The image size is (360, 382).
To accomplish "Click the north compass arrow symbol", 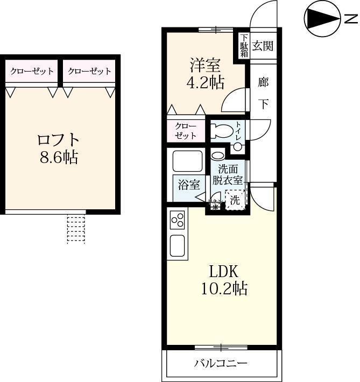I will click(321, 19).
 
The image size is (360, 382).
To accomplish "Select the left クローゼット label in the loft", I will click(32, 71).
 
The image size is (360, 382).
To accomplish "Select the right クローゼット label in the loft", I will click(90, 71).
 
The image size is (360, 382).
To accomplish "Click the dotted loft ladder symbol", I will click(76, 229).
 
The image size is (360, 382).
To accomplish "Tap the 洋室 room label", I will click(204, 65).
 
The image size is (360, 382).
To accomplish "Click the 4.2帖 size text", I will click(204, 83).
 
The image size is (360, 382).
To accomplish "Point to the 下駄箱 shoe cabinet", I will click(244, 46).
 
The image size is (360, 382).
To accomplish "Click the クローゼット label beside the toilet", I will click(186, 131).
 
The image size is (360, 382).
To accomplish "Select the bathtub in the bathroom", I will click(187, 161).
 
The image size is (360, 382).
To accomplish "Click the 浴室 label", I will click(189, 185).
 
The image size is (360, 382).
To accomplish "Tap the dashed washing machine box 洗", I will click(235, 200).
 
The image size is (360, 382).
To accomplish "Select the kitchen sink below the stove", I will click(178, 245).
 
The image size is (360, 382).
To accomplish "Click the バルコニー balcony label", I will click(221, 363).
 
